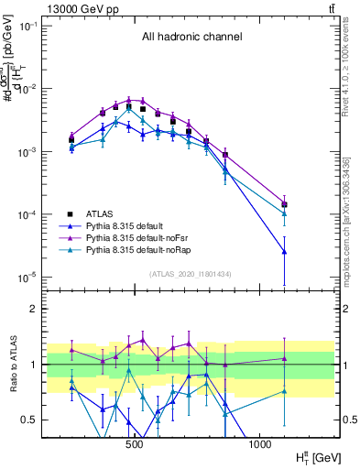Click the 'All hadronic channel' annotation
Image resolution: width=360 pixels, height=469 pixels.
point(191,38)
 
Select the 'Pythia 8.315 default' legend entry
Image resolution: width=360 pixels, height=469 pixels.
point(134,224)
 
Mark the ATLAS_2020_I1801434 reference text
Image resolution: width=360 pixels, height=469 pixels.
point(191,275)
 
